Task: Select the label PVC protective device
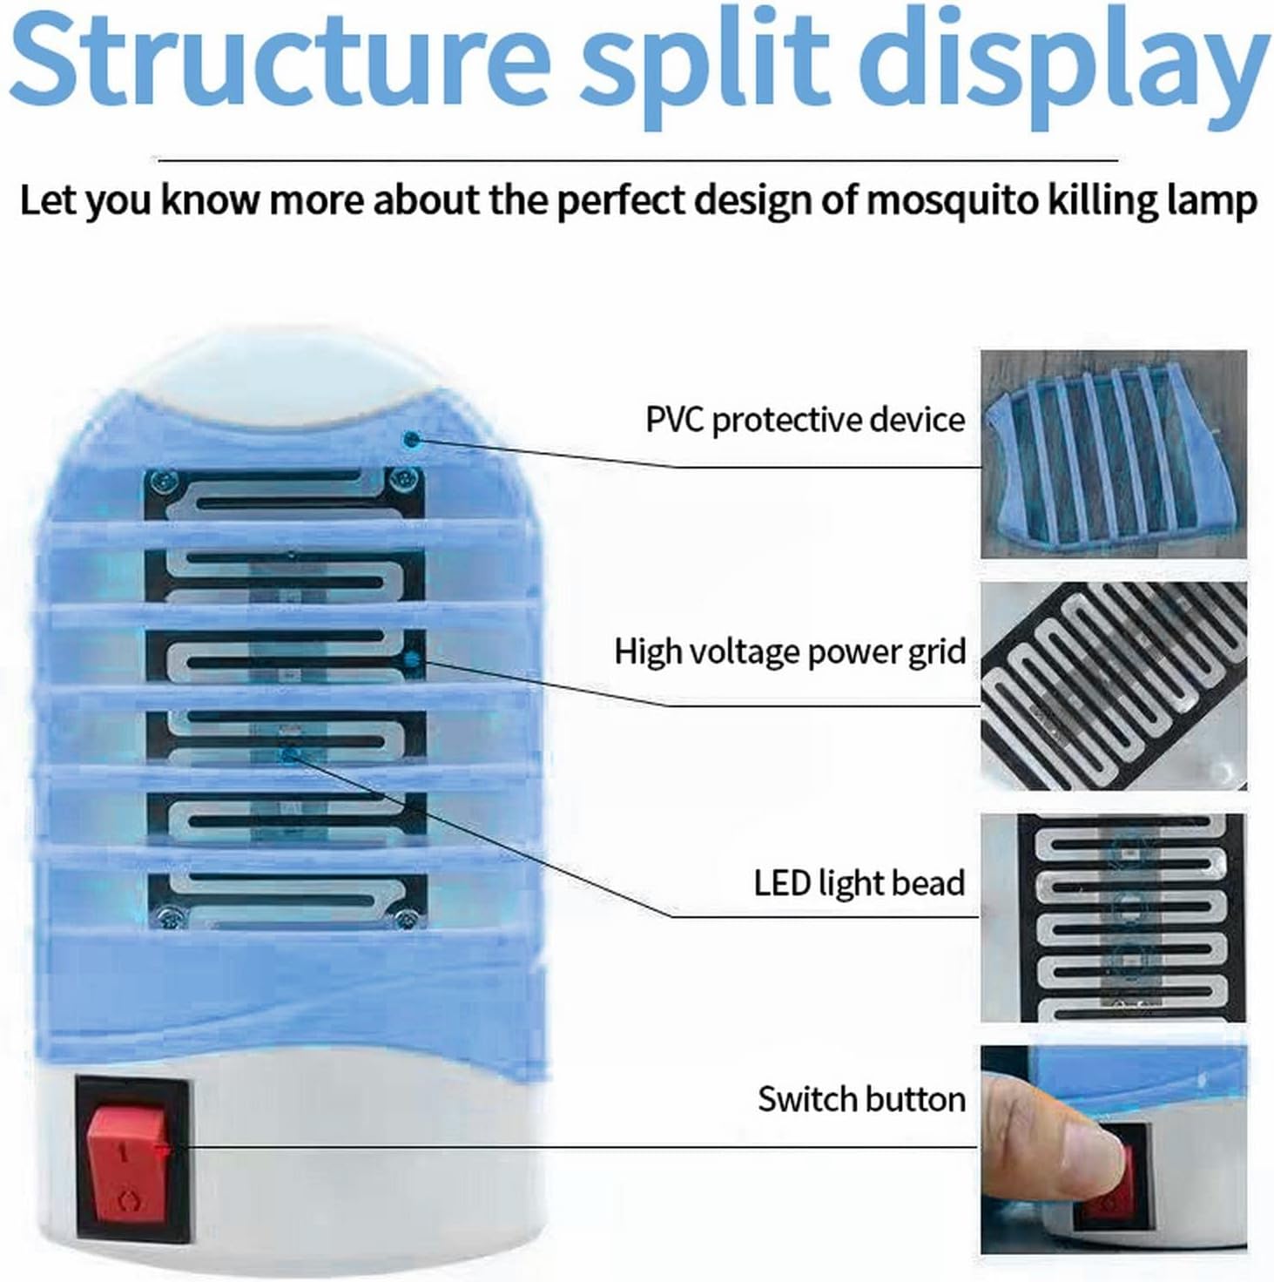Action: coord(805,420)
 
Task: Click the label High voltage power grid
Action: coord(790,651)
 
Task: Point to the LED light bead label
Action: coord(859,883)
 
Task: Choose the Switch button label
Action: coord(861,1099)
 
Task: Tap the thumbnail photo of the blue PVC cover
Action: coord(1113,454)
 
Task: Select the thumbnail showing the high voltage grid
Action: coord(1113,686)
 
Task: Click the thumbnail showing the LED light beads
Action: coord(1113,918)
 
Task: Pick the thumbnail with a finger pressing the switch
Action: coord(1113,1150)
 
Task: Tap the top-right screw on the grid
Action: coord(401,477)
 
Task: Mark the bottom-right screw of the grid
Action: coord(404,916)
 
